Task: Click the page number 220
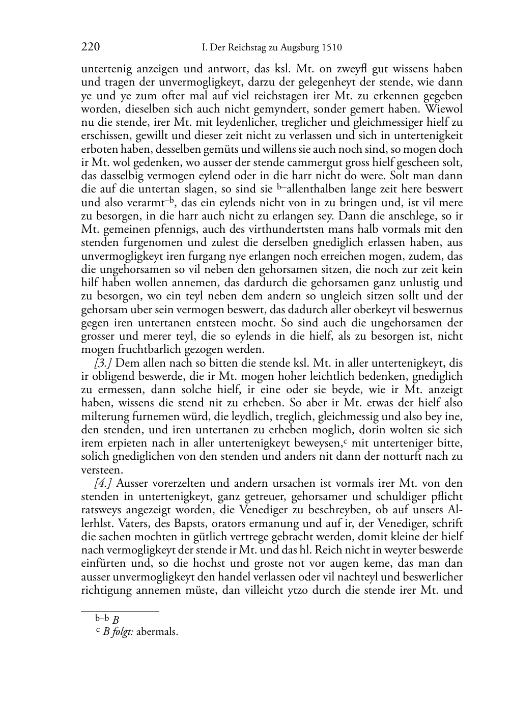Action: (x=90, y=47)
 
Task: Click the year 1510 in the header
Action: (x=331, y=48)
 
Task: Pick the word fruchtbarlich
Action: (x=141, y=349)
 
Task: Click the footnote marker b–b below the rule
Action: (x=102, y=619)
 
